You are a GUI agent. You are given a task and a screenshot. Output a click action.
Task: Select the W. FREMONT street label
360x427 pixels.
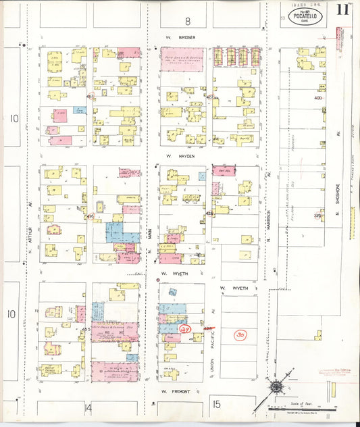pos(173,391)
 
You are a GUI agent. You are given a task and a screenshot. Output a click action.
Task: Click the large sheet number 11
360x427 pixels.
pos(342,11)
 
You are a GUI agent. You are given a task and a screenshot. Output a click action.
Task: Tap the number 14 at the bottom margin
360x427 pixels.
pos(88,407)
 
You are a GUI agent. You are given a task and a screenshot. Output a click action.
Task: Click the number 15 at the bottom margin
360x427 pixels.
pos(216,404)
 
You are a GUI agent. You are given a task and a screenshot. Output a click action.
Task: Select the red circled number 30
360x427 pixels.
pos(240,334)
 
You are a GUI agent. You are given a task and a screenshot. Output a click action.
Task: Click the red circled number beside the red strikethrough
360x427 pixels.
pos(186,329)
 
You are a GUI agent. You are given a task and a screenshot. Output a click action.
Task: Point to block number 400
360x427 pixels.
pos(319,98)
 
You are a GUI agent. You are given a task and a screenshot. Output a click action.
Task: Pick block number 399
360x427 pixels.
pos(317,216)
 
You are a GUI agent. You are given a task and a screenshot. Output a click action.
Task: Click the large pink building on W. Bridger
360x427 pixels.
pos(183,59)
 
